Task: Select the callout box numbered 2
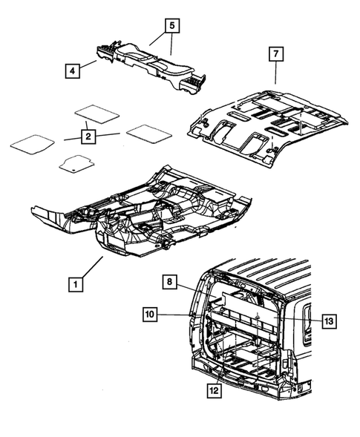click(x=88, y=137)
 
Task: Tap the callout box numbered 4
click(x=73, y=70)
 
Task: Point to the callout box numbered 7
click(x=275, y=53)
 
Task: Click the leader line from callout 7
click(x=275, y=72)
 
